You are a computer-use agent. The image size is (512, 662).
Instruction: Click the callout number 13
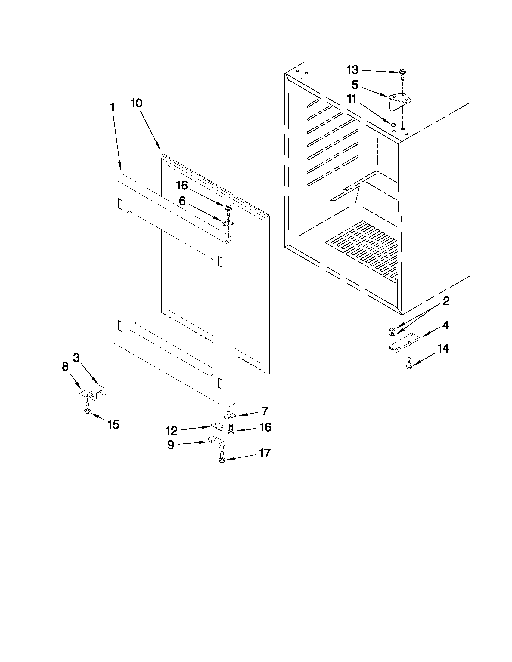point(352,70)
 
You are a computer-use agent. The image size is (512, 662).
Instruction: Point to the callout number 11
point(352,99)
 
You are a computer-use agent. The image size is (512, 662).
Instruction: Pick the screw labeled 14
point(409,364)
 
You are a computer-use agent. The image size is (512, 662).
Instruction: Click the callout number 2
point(446,301)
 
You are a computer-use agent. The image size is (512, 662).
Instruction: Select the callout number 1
point(112,107)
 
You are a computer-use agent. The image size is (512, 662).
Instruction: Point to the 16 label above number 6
point(182,185)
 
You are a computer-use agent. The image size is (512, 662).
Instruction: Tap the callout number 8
point(65,367)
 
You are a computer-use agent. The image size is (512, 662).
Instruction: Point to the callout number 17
point(264,454)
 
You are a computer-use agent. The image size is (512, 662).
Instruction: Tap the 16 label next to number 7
point(265,427)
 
